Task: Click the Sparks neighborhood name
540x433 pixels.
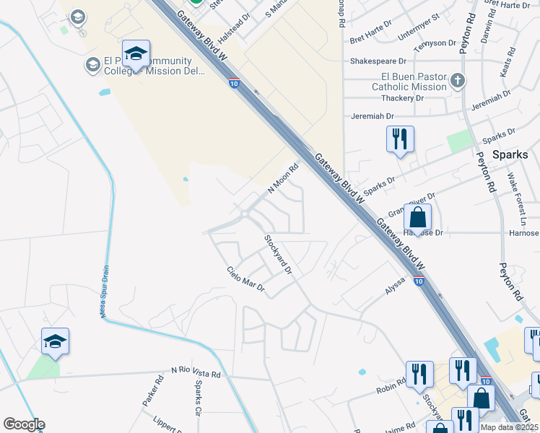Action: pos(510,154)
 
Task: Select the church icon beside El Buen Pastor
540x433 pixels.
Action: pos(458,80)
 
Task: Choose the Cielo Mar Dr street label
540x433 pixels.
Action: pos(246,281)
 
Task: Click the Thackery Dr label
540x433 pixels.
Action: pos(398,98)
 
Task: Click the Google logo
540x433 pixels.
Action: pos(24,424)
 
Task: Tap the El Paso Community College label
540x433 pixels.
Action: pos(138,66)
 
